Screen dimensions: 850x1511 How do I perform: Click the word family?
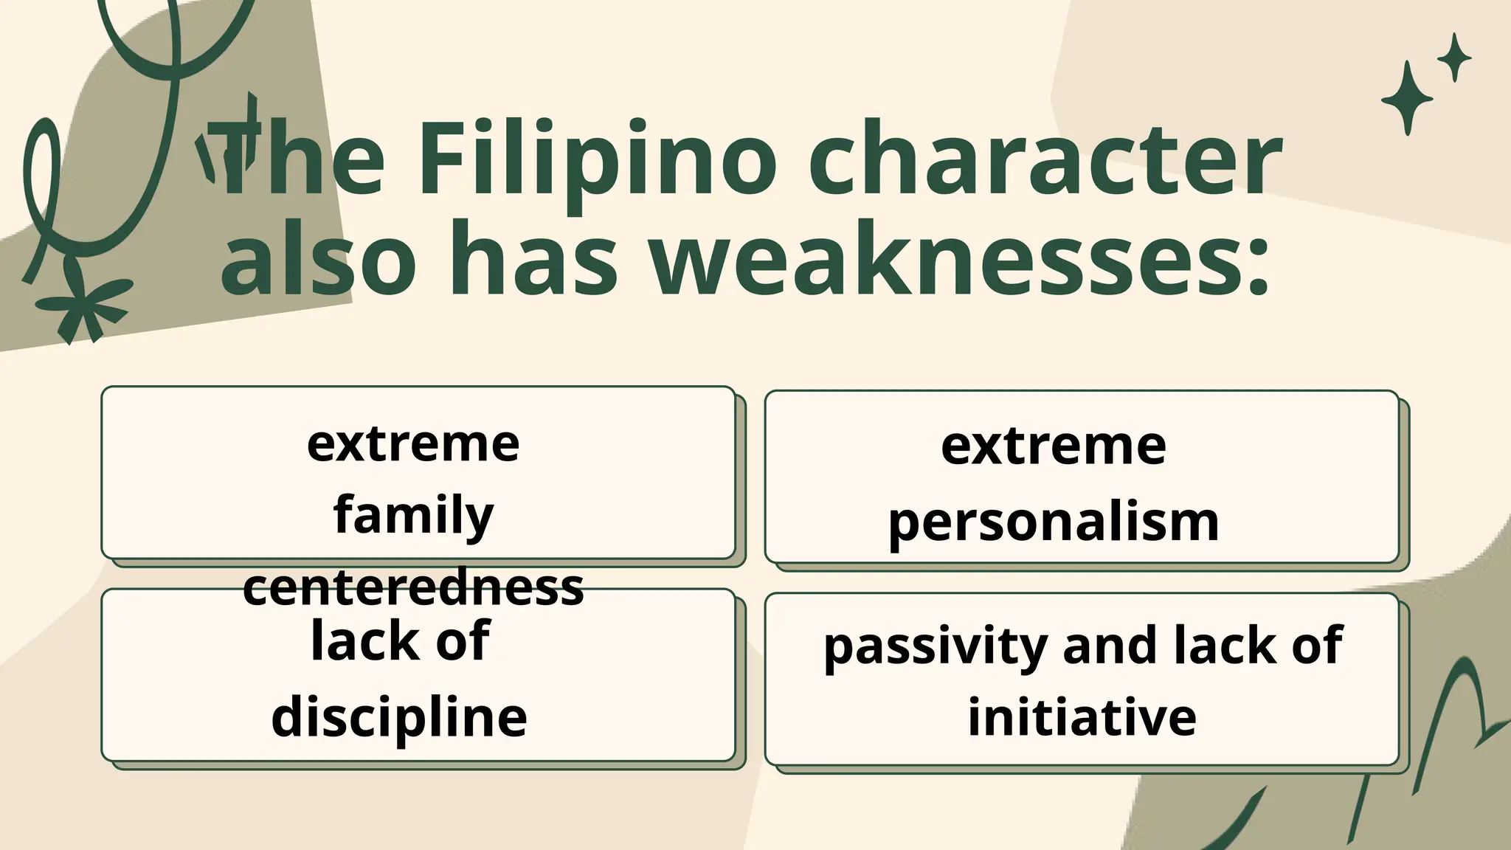coord(413,515)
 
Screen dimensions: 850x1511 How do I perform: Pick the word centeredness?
coord(413,587)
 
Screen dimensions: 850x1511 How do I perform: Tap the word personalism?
coord(1054,522)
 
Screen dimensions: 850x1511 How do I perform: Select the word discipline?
coord(399,716)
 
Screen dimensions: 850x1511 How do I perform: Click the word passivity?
coord(936,646)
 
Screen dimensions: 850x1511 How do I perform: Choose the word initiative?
coord(1082,716)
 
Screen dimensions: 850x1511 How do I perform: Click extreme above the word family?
coord(413,443)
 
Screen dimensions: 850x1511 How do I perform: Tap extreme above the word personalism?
coord(1054,446)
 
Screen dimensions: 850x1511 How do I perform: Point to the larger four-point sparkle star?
coord(1406,98)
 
